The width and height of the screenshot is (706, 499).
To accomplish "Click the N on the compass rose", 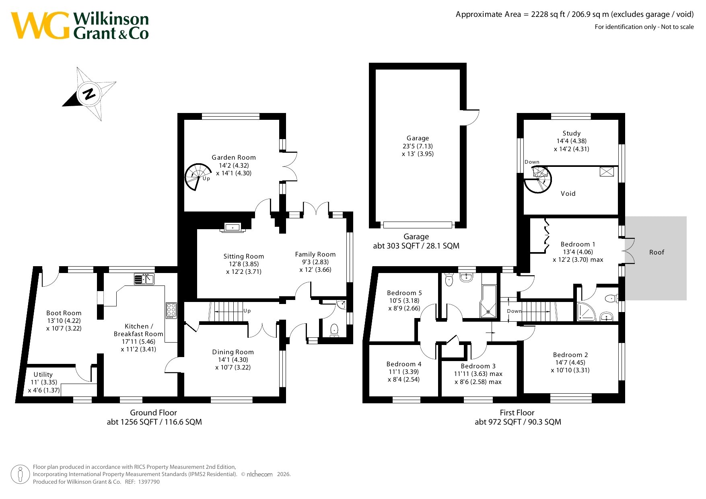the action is [89, 94].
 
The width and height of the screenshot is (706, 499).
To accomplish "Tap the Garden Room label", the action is [234, 158].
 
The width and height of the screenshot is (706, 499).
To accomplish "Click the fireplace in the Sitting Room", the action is [233, 228].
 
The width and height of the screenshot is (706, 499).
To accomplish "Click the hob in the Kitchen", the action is [171, 310].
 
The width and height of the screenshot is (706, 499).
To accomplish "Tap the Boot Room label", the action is [64, 313].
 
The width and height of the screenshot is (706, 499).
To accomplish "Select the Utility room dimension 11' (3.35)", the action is [44, 382].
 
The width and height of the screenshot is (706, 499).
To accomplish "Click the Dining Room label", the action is [233, 352].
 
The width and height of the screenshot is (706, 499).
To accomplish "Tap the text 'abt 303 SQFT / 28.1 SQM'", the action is [416, 246].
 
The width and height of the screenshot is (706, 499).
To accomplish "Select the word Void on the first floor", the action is [568, 194].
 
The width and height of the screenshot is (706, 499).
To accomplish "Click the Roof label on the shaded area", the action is [657, 253].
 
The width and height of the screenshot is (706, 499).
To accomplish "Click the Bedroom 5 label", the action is [404, 293].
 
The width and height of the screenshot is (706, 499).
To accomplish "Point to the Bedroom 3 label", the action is [478, 366].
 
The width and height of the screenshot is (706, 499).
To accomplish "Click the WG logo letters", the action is [40, 25].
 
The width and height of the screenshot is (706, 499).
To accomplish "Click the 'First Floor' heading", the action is [517, 413].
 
